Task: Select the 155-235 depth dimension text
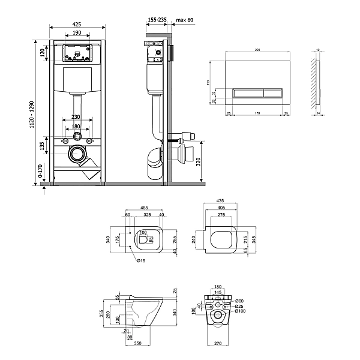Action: pyautogui.click(x=157, y=20)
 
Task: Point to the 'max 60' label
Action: pyautogui.click(x=185, y=20)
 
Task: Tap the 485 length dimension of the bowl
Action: pyautogui.click(x=145, y=208)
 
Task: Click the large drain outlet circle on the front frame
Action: pyautogui.click(x=77, y=154)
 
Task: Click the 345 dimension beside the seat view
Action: pyautogui.click(x=254, y=239)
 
